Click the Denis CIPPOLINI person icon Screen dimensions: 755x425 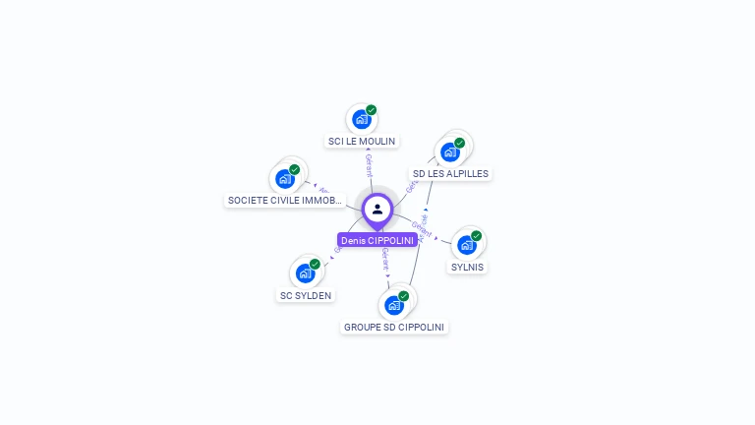coord(377,209)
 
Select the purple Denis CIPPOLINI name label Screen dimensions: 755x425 coord(377,240)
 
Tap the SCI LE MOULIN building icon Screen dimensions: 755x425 coord(361,120)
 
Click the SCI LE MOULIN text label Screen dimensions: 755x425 coord(362,142)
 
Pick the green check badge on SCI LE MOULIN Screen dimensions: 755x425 coord(372,110)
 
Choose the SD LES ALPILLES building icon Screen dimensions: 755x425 coord(449,152)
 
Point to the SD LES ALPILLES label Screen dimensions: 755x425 coord(450,174)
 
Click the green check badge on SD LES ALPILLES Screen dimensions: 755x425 coord(460,143)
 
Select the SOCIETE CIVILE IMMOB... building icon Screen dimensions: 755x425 coord(284,179)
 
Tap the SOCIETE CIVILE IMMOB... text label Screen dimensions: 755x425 coord(285,201)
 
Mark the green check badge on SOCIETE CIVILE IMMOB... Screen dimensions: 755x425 coord(295,169)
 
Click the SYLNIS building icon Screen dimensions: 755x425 coord(466,245)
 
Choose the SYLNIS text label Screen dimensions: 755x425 coord(467,267)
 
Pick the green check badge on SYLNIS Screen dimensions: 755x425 coord(477,235)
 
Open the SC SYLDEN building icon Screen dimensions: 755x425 coord(305,273)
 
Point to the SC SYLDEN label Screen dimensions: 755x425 coord(306,295)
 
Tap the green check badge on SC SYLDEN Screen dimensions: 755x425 coord(316,264)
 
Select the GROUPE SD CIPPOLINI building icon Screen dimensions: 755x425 coord(393,305)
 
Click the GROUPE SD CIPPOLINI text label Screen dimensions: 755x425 coord(394,327)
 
